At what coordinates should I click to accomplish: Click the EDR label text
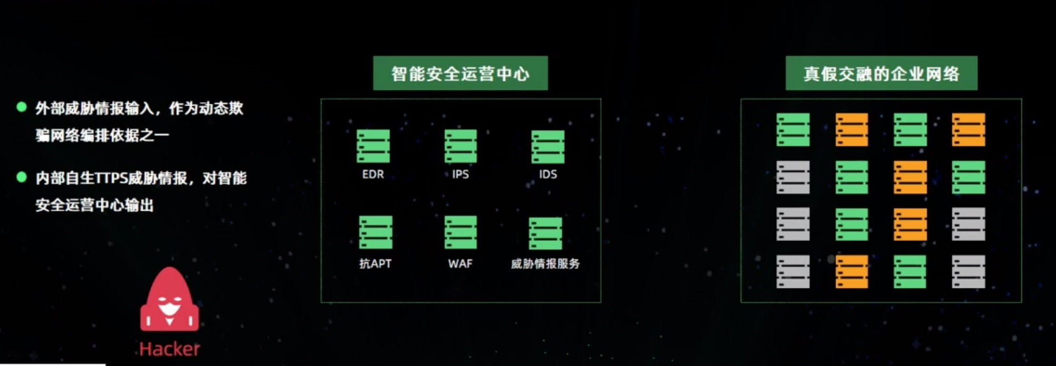[373, 174]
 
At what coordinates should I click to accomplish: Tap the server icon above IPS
[461, 146]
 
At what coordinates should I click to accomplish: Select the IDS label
[548, 174]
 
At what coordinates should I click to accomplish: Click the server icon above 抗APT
[375, 232]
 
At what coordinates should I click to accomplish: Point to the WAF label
[460, 263]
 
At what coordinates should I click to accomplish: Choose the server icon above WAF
[461, 232]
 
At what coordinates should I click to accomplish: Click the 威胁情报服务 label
[545, 263]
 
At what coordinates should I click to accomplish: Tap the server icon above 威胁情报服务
[545, 233]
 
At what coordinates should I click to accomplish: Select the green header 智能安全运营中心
[461, 73]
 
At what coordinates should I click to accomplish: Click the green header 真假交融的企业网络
[881, 73]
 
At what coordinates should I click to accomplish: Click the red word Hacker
[169, 349]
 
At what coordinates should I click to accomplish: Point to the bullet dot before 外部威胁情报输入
[22, 107]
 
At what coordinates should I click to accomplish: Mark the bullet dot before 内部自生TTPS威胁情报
[22, 177]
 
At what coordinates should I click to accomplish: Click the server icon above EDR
[373, 146]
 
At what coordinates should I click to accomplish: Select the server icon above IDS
[548, 147]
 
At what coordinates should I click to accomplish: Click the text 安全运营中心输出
[95, 205]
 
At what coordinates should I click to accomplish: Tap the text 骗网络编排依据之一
[102, 135]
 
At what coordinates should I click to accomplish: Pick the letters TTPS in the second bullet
[111, 178]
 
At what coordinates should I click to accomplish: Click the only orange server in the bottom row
[851, 272]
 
